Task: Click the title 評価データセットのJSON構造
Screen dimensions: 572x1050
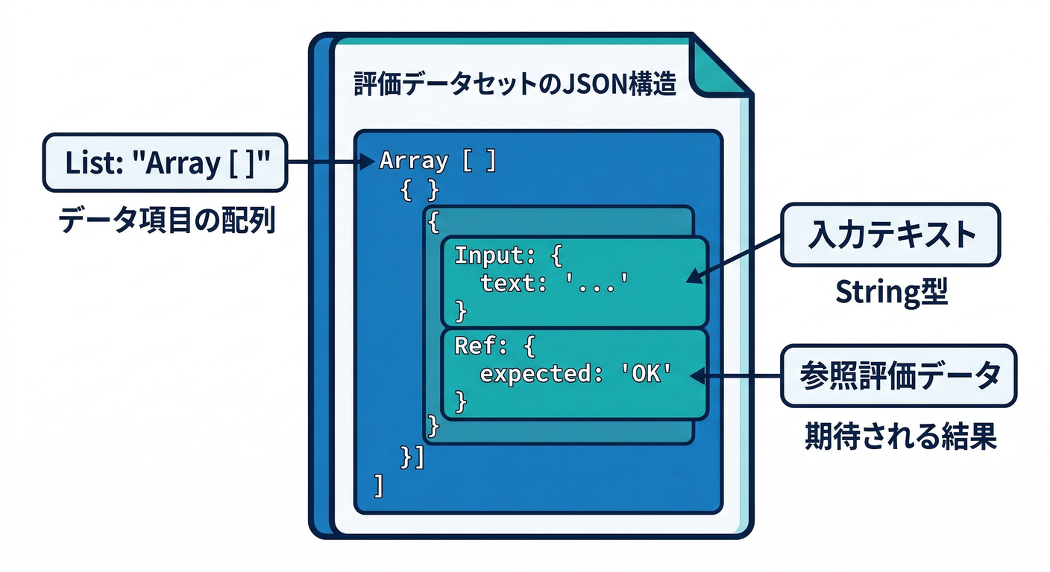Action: click(514, 85)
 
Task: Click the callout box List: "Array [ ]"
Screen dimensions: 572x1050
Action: click(165, 162)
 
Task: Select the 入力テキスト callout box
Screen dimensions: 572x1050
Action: click(890, 235)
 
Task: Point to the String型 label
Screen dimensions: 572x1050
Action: click(890, 293)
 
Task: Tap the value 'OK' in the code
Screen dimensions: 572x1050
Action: click(643, 375)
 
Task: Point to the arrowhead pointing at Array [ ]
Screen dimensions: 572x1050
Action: click(367, 162)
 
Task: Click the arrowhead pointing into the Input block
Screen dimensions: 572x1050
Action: click(693, 276)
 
